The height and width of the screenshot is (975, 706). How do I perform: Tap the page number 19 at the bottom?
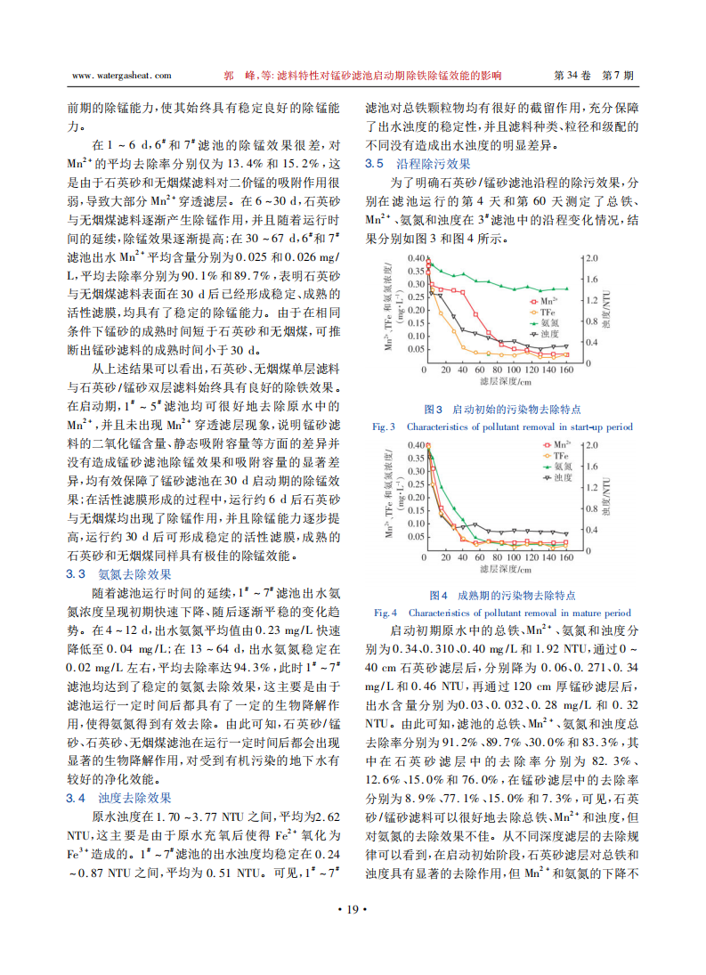pos(353,909)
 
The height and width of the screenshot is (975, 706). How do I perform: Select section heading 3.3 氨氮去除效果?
pos(119,574)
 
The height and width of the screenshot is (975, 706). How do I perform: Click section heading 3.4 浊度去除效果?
pos(119,797)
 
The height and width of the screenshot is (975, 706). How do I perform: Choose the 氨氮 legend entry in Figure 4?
pos(556,466)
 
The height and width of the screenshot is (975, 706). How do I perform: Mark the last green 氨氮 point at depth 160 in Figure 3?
pos(566,288)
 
